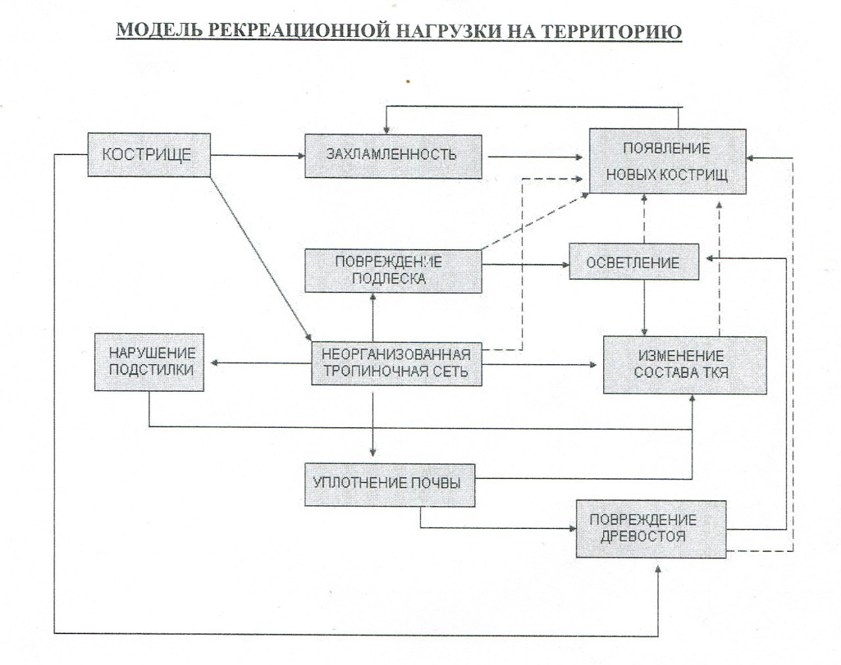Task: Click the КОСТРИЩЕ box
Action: click(149, 155)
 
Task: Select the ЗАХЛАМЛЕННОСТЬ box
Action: click(393, 156)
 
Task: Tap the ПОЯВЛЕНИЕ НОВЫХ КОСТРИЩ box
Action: click(668, 162)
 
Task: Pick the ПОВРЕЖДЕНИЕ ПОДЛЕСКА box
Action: click(393, 271)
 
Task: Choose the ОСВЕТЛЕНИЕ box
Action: click(633, 262)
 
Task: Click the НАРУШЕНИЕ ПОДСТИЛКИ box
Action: click(149, 362)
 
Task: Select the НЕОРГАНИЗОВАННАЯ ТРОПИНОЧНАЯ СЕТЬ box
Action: click(396, 363)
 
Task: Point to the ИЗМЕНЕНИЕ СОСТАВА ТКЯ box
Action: click(685, 365)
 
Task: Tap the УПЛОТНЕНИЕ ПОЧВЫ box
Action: click(390, 485)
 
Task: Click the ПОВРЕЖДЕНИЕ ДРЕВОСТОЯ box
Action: click(650, 529)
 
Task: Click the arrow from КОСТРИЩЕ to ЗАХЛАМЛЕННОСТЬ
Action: click(258, 156)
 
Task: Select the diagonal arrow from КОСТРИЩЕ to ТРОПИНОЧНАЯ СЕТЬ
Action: click(261, 259)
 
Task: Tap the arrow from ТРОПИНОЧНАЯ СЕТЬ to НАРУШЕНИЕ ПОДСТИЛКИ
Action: click(261, 363)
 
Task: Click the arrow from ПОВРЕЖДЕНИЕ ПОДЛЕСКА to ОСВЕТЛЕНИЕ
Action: click(525, 265)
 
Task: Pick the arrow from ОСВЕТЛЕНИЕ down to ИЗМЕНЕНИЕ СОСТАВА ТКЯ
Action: click(644, 308)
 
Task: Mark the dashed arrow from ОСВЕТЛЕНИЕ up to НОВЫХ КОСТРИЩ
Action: click(644, 219)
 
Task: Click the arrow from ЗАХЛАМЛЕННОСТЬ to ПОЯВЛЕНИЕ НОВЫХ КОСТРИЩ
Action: click(535, 157)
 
